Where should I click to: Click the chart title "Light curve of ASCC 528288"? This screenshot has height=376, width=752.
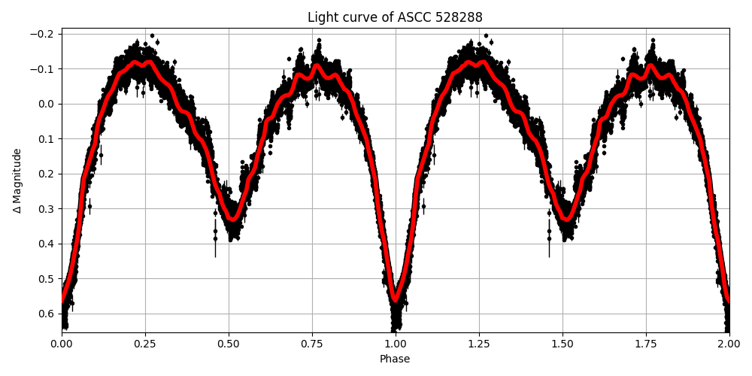[395, 17]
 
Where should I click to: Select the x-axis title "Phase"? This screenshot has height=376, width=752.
[395, 359]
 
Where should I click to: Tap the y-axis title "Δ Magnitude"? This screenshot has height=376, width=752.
[17, 180]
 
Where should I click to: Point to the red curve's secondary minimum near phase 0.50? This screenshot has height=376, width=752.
[233, 220]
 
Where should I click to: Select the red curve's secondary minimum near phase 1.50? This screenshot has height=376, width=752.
[567, 220]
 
